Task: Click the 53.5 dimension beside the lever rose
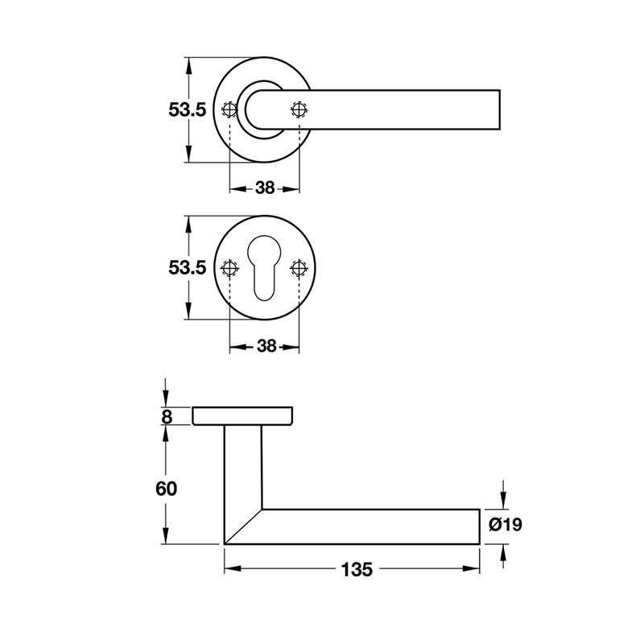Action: point(188,110)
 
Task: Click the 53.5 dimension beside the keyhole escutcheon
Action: point(188,268)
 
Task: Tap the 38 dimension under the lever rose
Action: point(265,188)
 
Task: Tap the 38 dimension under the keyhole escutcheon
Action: point(265,346)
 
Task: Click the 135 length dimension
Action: point(355,570)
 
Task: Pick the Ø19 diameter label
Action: point(506,526)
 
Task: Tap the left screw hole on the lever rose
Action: point(230,109)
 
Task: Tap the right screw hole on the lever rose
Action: point(299,109)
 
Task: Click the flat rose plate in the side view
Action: point(242,415)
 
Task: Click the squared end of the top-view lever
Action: point(497,109)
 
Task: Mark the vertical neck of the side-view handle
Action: point(243,467)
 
